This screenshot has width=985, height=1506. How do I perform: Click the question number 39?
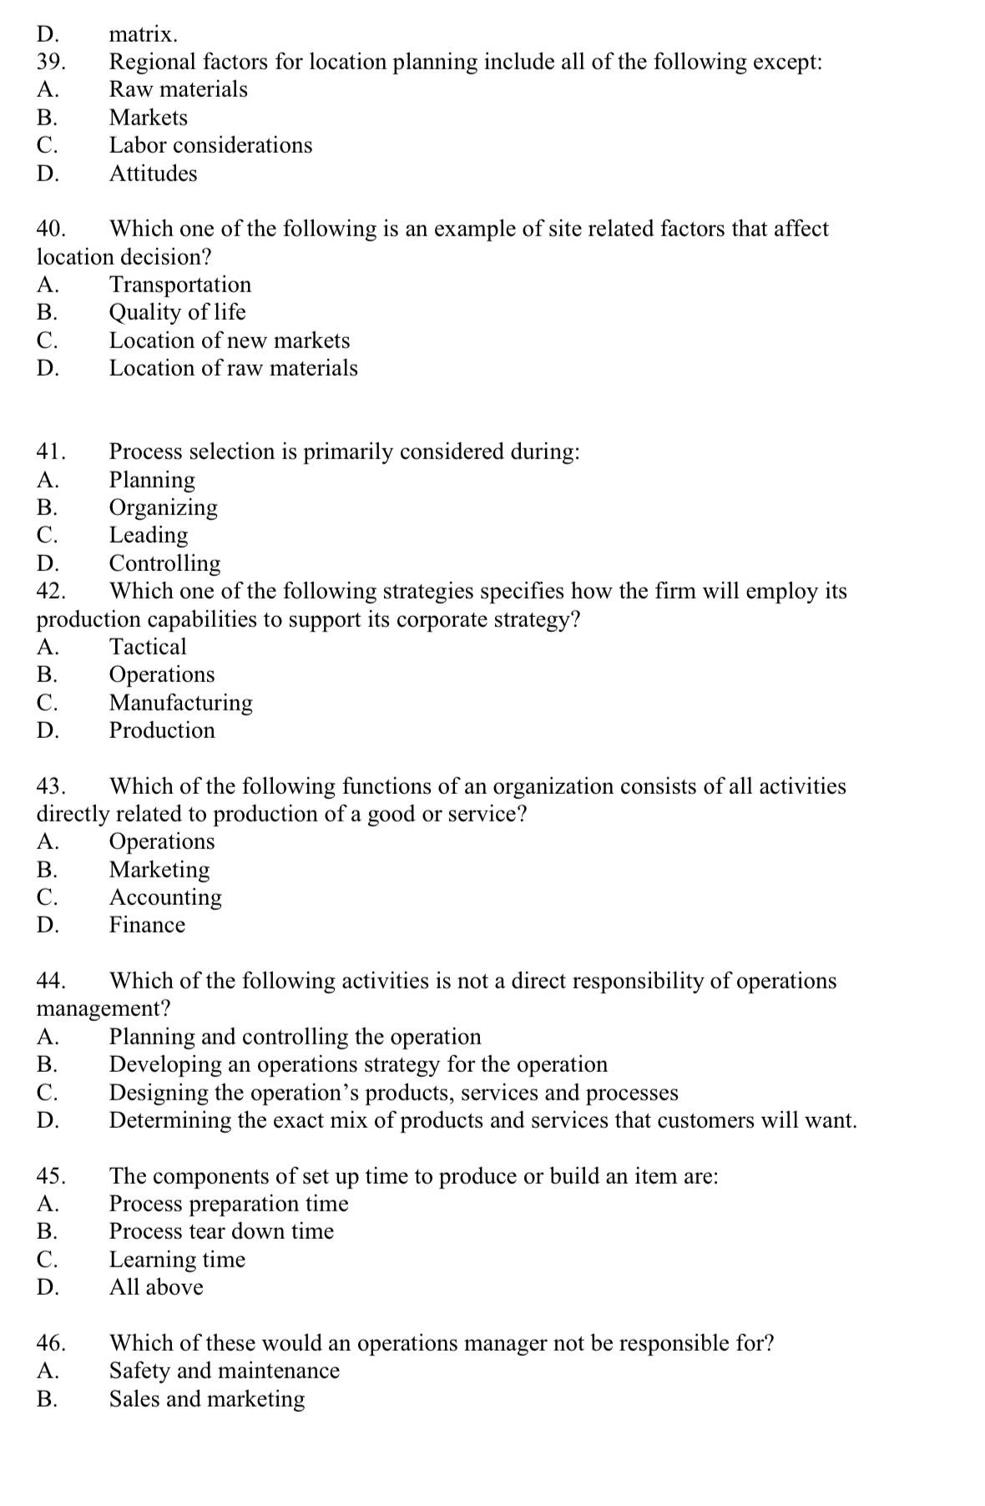pyautogui.click(x=51, y=63)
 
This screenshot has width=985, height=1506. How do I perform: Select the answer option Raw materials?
pyautogui.click(x=178, y=89)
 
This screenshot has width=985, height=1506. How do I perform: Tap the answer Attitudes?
pyautogui.click(x=153, y=174)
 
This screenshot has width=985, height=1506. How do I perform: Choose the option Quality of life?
pyautogui.click(x=177, y=312)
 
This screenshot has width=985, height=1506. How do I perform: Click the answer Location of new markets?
pyautogui.click(x=229, y=341)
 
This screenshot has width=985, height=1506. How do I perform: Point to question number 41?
pyautogui.click(x=51, y=452)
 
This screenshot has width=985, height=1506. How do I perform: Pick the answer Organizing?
pyautogui.click(x=163, y=508)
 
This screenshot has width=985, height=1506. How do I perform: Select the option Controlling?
pyautogui.click(x=164, y=563)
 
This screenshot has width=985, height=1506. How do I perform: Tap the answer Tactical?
pyautogui.click(x=148, y=647)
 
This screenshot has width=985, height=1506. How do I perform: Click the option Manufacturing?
pyautogui.click(x=180, y=703)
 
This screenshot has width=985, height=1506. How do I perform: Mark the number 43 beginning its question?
pyautogui.click(x=51, y=786)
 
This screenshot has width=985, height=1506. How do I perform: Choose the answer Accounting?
pyautogui.click(x=165, y=897)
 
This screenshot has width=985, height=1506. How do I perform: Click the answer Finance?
pyautogui.click(x=147, y=925)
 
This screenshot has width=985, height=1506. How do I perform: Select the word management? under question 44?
pyautogui.click(x=104, y=1008)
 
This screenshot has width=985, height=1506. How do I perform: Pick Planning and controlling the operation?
pyautogui.click(x=295, y=1037)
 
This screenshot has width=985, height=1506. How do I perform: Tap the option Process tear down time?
pyautogui.click(x=221, y=1231)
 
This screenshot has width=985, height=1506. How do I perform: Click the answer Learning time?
pyautogui.click(x=177, y=1260)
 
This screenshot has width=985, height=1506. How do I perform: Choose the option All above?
pyautogui.click(x=156, y=1287)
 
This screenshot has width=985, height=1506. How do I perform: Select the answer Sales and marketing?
pyautogui.click(x=206, y=1399)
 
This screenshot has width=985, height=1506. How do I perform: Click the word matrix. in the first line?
pyautogui.click(x=143, y=35)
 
